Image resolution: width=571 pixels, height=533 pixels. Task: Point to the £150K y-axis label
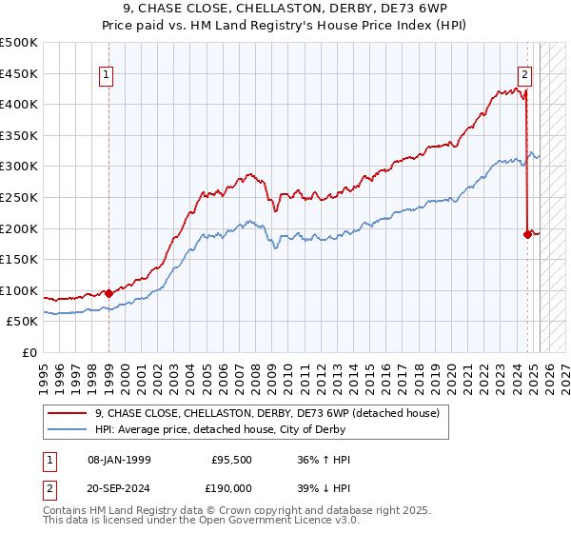[19, 259]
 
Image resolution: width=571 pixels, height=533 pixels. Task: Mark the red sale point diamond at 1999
[108, 293]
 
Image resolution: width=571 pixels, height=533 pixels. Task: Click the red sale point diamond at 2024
[527, 234]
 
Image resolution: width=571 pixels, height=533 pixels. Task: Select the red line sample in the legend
[67, 414]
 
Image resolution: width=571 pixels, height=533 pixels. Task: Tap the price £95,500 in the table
[231, 460]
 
